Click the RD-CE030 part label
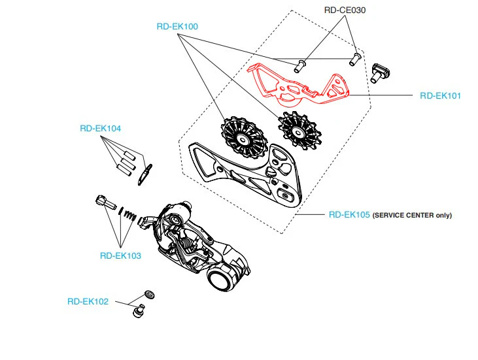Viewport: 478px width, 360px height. coord(345,10)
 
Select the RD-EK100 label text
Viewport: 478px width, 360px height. coord(177,27)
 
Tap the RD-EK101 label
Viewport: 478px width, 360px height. coord(440,95)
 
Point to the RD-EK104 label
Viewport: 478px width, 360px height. coord(100,128)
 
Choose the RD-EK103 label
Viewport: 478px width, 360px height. coord(120,255)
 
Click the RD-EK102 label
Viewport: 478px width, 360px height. coord(88,301)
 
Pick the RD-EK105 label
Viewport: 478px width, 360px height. coord(349,215)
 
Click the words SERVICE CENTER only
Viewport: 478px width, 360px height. coord(412,216)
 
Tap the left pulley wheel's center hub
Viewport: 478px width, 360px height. coord(243,140)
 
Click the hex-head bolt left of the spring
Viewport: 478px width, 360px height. coord(105,203)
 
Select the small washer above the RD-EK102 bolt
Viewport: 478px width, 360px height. coord(149,295)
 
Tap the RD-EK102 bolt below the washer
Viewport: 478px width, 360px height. coord(139,311)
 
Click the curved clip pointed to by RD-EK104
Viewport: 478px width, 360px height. coord(145,175)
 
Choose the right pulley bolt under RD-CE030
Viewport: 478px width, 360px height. coord(354,59)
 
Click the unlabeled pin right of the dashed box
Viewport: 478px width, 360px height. coord(379,73)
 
